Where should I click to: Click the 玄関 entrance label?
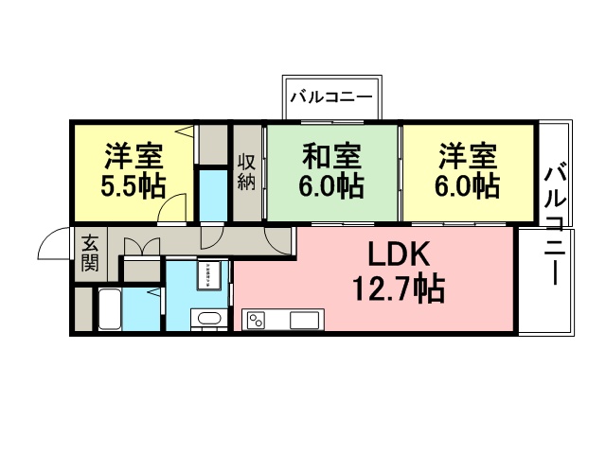[x=90, y=253]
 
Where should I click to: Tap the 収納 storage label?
[x=246, y=170]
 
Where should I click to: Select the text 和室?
[x=330, y=154]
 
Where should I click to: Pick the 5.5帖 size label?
[x=133, y=183]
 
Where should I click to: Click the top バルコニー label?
[x=331, y=96]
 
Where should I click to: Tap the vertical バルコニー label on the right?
[x=556, y=227]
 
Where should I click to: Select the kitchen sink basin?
[x=304, y=320]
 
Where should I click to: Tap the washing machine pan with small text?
[x=208, y=274]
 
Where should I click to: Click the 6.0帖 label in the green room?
[x=330, y=184]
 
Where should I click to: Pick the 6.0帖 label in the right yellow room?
[x=467, y=184]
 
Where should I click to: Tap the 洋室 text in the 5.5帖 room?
[x=133, y=153]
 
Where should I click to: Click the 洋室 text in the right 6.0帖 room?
[x=467, y=154]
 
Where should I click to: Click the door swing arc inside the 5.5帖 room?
[x=171, y=206]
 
